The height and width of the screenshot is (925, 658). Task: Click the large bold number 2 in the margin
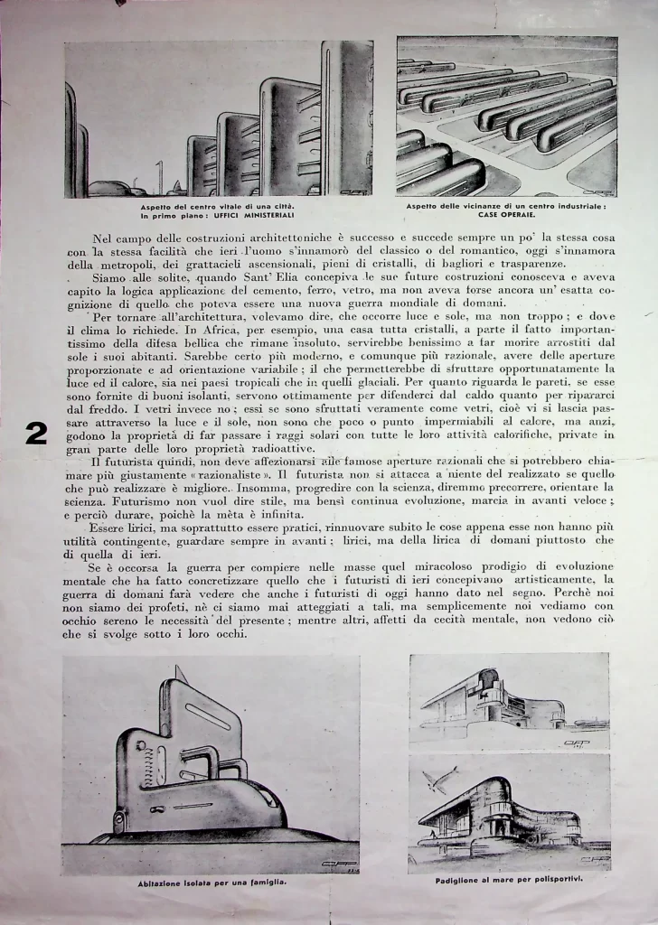pos(36,434)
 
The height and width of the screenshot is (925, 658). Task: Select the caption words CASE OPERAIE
pos(506,215)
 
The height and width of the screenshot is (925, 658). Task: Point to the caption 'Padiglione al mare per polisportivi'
pos(509,879)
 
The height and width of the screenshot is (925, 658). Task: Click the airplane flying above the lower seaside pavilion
pos(442,778)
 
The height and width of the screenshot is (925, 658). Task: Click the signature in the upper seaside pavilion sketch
pos(576,743)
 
